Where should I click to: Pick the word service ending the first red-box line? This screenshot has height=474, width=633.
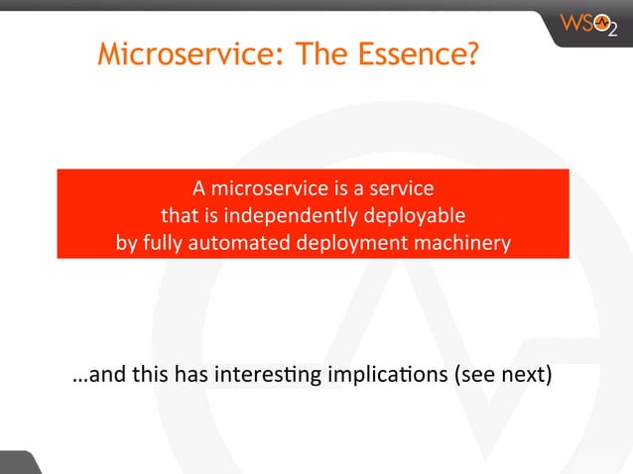[401, 187]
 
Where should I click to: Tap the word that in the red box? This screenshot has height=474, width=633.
[179, 215]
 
